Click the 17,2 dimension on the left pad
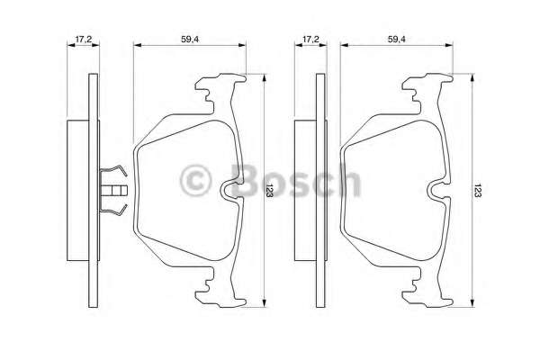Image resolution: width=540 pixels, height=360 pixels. pyautogui.click(x=83, y=40)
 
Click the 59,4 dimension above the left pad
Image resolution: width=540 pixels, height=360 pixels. pyautogui.click(x=190, y=40)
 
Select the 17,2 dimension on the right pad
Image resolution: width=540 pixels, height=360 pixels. pyautogui.click(x=310, y=40)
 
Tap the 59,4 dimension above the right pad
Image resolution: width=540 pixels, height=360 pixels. pyautogui.click(x=396, y=40)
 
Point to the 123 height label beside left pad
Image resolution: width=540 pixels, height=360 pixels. pyautogui.click(x=269, y=190)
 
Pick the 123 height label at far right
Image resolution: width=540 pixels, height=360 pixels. pyautogui.click(x=477, y=190)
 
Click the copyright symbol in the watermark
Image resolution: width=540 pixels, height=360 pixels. pyautogui.click(x=195, y=181)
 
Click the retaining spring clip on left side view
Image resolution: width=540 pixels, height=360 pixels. pyautogui.click(x=113, y=190)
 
